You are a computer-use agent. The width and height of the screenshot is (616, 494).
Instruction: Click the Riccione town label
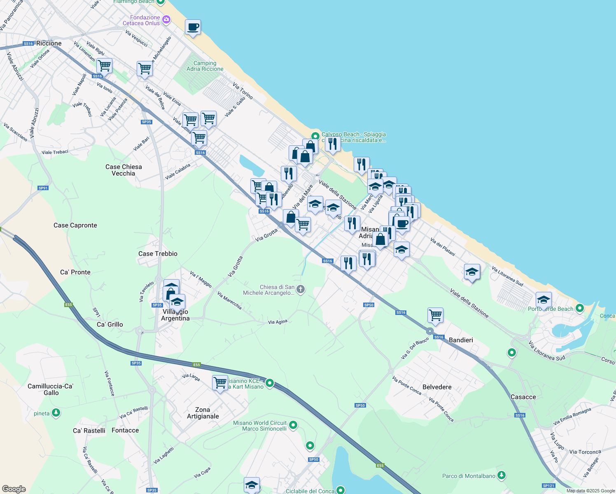(49, 43)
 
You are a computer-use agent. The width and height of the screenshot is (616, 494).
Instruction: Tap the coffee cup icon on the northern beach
(193, 28)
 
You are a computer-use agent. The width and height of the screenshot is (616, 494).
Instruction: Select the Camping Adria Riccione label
(205, 66)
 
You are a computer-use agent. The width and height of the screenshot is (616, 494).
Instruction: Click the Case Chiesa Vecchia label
(124, 170)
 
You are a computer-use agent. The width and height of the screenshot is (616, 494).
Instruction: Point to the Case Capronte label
(75, 225)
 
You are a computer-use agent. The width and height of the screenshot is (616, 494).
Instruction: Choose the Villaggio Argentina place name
(175, 315)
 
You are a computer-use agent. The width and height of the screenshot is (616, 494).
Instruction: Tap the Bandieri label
(461, 340)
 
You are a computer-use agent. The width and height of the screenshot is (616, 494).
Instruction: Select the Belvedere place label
(437, 387)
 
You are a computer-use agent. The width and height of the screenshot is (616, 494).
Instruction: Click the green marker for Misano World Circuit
(293, 424)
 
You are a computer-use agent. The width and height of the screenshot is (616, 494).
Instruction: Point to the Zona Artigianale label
(203, 413)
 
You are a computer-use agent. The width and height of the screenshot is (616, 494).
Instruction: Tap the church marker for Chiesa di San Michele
(301, 289)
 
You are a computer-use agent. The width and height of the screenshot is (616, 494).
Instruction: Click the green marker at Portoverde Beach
(580, 308)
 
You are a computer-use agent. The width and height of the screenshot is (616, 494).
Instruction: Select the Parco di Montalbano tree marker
(501, 475)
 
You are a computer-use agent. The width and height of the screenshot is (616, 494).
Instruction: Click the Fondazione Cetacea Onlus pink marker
(166, 19)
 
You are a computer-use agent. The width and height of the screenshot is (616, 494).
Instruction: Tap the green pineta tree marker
(56, 412)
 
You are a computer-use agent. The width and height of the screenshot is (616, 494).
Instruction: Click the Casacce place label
(523, 397)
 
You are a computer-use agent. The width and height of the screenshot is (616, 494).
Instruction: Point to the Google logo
(14, 489)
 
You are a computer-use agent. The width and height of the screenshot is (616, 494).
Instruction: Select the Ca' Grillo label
(110, 324)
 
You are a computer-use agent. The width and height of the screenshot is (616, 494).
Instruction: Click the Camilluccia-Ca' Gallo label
(51, 389)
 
